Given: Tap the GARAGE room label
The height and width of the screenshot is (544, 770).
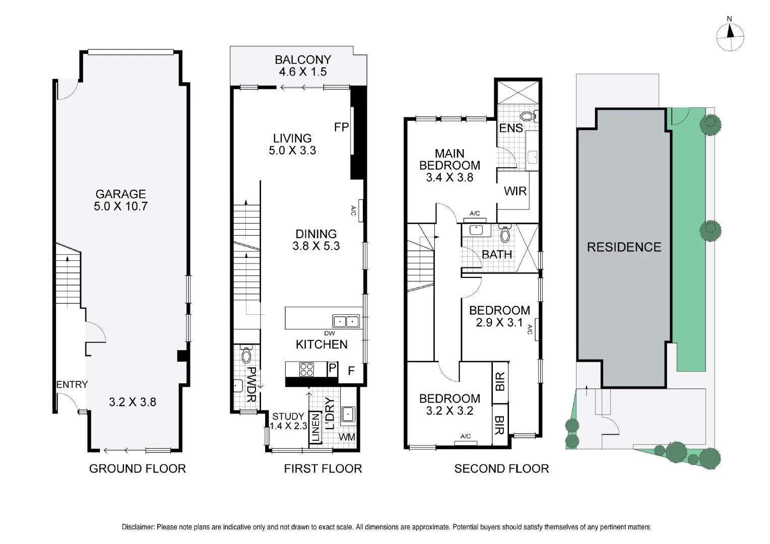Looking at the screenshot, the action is (x=120, y=194).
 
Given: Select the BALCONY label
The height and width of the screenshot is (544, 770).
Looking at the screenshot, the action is (x=303, y=60).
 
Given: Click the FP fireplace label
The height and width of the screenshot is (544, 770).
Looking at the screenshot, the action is (x=341, y=127).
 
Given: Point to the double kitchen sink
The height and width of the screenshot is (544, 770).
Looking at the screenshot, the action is (x=346, y=321).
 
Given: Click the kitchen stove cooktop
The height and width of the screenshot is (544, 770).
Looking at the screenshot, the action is (x=306, y=370).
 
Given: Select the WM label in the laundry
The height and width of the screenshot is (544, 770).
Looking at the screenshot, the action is (x=347, y=437).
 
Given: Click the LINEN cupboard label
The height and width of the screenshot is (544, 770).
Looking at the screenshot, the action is (x=315, y=428).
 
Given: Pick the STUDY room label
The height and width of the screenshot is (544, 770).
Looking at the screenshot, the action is (x=288, y=416).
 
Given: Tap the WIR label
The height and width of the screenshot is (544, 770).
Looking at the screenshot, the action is (x=515, y=191).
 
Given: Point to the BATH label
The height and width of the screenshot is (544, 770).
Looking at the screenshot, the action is (x=497, y=254).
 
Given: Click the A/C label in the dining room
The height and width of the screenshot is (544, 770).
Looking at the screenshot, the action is (x=353, y=211).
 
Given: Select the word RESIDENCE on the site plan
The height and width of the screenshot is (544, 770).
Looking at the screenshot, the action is (x=624, y=247).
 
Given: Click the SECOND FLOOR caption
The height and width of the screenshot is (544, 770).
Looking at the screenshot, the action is (x=501, y=469).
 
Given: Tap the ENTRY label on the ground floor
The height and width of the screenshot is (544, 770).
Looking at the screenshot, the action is (x=72, y=384).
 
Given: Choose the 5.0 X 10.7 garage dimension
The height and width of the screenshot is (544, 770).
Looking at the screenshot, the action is (x=120, y=206).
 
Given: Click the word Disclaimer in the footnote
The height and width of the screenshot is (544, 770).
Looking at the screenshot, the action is (x=138, y=527).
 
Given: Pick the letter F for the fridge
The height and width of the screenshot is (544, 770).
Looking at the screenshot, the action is (x=351, y=371).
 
